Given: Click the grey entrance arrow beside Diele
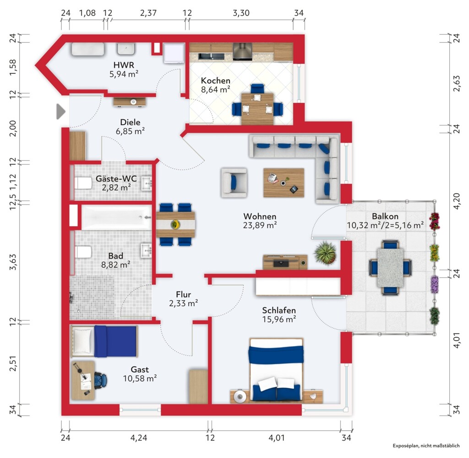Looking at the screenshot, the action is (61, 112).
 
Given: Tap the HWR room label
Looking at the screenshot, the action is (124, 65).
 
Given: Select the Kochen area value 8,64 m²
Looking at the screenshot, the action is (215, 89).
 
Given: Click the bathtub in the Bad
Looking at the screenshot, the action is (116, 217).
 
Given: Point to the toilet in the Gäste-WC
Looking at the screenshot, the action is (82, 183).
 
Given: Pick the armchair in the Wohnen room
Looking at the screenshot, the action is (234, 182).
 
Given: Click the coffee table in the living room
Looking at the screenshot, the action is (284, 182).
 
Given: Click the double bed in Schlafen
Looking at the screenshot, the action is (276, 370).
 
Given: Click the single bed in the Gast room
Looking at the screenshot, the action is (104, 342).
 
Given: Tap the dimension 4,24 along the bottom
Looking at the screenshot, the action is (138, 438).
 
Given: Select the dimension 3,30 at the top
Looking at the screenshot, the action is (241, 13).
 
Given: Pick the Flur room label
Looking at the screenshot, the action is (183, 294).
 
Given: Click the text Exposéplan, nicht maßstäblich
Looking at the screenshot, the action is (426, 446).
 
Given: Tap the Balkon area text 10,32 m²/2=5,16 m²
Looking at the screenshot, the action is (385, 225).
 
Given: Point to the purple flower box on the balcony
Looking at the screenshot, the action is (434, 284).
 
